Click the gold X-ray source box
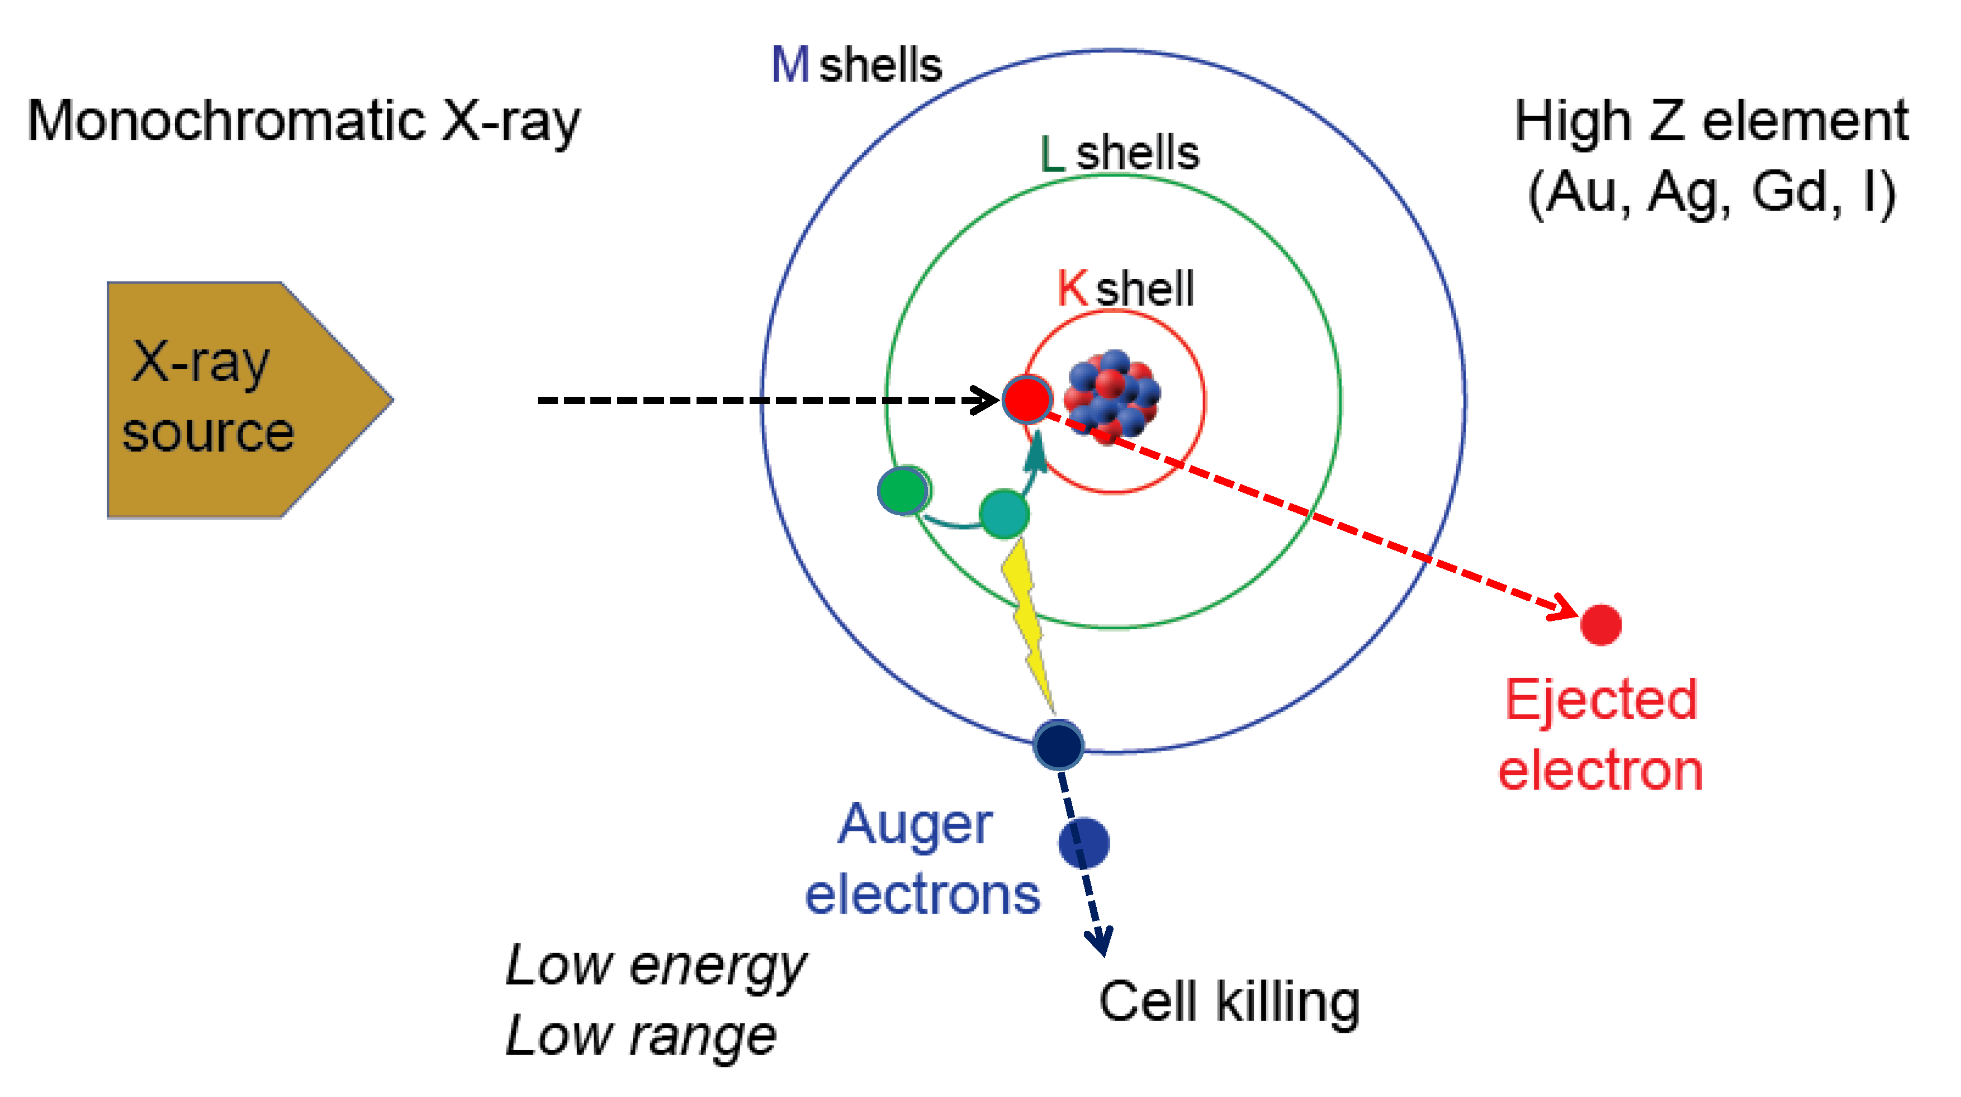click(x=229, y=400)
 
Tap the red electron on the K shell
click(x=1027, y=399)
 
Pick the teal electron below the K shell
click(x=1004, y=514)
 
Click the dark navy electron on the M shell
click(x=1058, y=744)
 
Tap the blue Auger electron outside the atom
click(x=1084, y=843)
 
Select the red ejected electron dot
click(x=1601, y=625)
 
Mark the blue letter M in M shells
click(x=790, y=65)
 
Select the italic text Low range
click(x=641, y=1036)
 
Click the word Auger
click(x=915, y=825)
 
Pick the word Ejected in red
click(x=1601, y=700)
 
